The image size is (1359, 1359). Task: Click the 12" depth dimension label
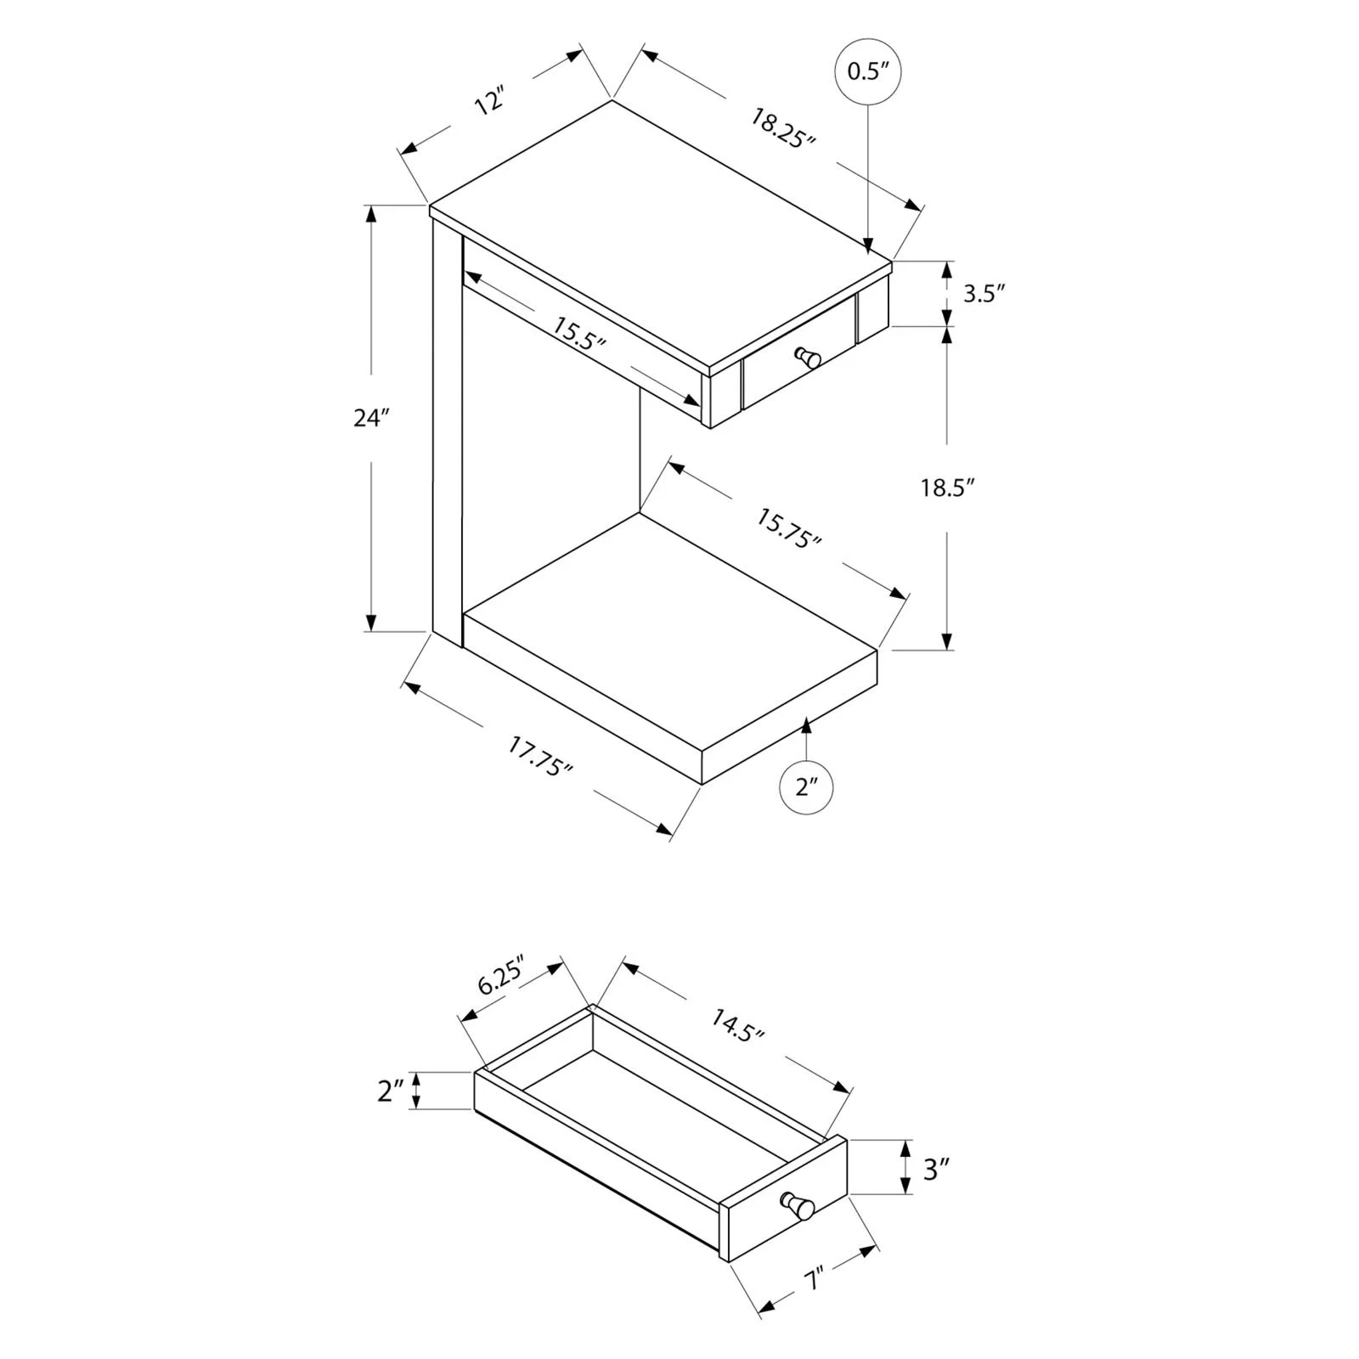click(490, 101)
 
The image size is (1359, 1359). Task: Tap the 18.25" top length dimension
click(782, 128)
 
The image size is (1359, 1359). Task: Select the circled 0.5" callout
click(867, 70)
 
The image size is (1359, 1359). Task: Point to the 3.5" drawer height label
click(984, 294)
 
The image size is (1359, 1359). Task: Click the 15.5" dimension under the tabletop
click(579, 333)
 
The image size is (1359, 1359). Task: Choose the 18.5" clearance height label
click(947, 488)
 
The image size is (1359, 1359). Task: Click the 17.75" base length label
click(540, 756)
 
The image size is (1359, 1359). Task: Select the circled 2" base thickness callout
click(806, 787)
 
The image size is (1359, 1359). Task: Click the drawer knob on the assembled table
click(807, 357)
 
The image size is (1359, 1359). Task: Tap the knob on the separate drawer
click(798, 1205)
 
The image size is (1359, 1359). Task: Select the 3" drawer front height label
click(935, 1170)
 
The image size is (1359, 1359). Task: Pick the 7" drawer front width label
click(815, 1279)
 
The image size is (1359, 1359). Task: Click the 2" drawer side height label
click(390, 1091)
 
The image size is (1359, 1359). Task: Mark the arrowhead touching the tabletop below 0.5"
click(867, 246)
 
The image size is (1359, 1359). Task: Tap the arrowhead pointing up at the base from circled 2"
click(806, 724)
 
